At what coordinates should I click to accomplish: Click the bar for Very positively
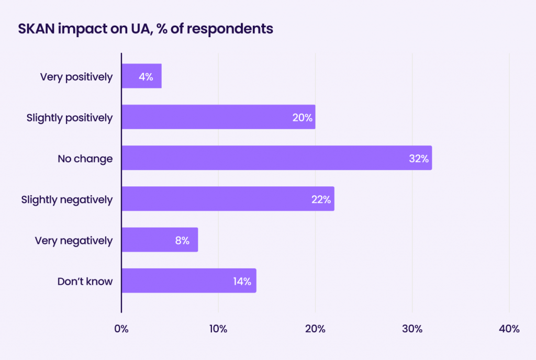click(x=141, y=76)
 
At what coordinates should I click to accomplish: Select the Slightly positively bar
click(x=218, y=117)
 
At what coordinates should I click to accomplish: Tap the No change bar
click(x=276, y=158)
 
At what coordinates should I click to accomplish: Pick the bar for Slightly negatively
click(x=228, y=199)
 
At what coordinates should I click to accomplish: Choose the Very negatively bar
click(x=160, y=240)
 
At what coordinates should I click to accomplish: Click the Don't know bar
click(x=188, y=281)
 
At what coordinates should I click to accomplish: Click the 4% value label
click(x=146, y=76)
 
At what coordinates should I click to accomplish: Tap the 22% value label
click(x=321, y=199)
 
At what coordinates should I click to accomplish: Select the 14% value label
click(x=242, y=281)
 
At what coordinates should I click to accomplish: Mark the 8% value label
click(x=182, y=240)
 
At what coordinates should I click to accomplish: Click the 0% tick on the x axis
click(x=121, y=329)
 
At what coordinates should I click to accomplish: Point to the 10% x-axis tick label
click(x=218, y=329)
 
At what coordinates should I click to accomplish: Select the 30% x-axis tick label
click(x=412, y=329)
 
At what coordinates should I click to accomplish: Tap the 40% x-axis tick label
click(x=509, y=329)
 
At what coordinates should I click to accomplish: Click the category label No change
click(x=85, y=158)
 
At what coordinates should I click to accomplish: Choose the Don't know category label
click(x=85, y=281)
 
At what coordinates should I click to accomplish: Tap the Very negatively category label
click(x=74, y=240)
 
